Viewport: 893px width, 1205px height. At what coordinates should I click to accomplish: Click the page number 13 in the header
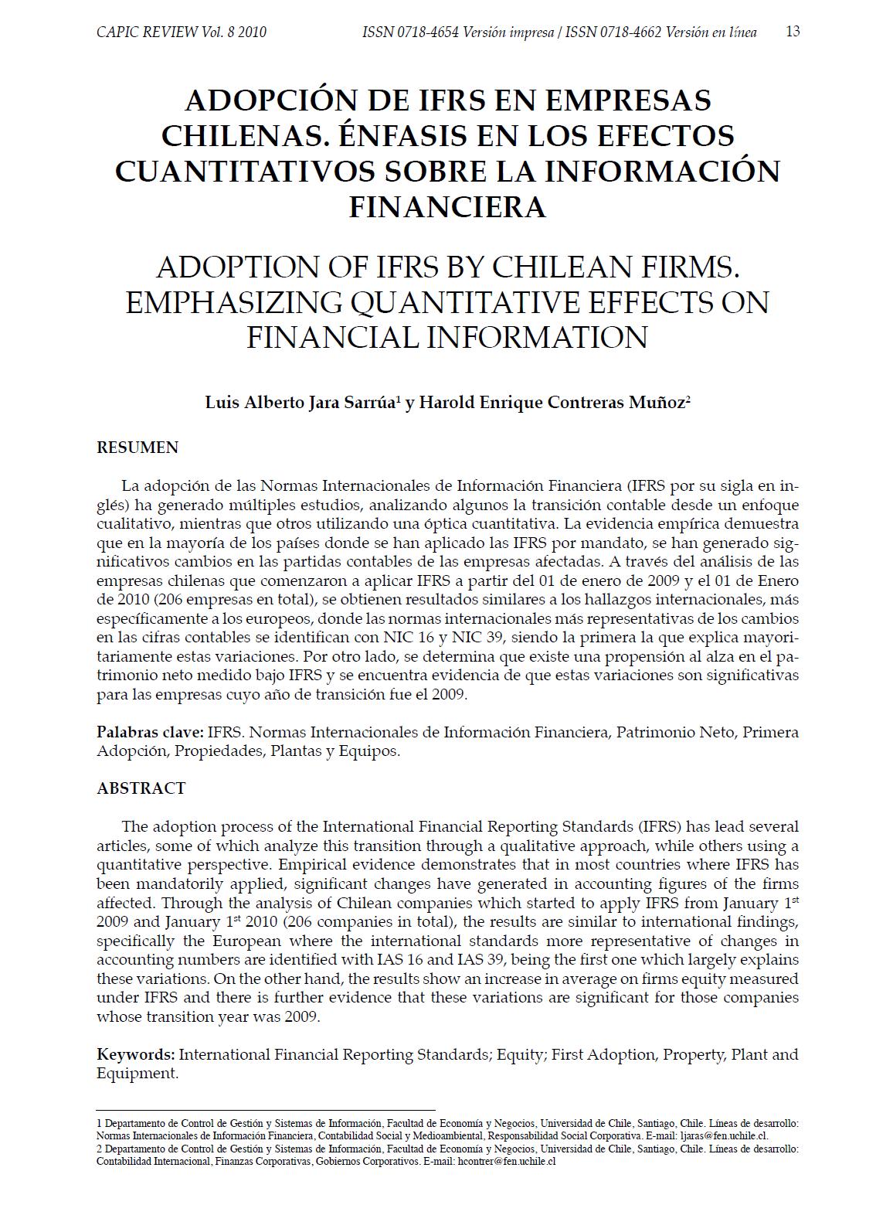792,32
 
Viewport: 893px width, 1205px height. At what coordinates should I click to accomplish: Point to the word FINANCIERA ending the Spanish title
447,206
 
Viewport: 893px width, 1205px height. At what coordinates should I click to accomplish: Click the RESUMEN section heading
138,448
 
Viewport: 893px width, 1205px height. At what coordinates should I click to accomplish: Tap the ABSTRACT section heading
141,788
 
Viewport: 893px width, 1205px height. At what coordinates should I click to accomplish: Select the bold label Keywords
135,1055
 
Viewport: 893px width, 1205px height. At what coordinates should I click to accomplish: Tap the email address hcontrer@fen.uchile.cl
507,1161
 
